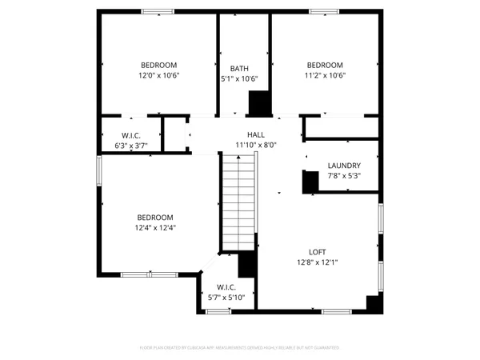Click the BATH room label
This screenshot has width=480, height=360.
coord(239,69)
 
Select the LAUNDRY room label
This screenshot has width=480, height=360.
coord(344,166)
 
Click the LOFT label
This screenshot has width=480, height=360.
coord(318,252)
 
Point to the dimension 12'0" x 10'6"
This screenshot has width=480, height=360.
coord(159,76)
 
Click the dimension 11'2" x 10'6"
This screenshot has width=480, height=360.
coord(325,76)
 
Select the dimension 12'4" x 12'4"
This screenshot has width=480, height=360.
coord(154,228)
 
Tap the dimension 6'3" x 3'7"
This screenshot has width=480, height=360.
coord(131,146)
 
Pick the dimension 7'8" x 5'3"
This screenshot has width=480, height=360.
coord(344,176)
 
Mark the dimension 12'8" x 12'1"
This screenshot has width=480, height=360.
coord(318,262)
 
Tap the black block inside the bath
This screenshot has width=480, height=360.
coord(259,104)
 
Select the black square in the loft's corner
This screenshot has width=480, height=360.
coord(372,302)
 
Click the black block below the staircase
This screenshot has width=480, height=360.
coord(247,265)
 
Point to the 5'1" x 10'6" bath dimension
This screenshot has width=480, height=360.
coord(239,79)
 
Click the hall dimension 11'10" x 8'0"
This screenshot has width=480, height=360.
coord(255,146)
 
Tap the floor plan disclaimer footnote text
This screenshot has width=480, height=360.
coord(239,348)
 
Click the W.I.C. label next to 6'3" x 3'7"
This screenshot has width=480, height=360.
coord(131,135)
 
